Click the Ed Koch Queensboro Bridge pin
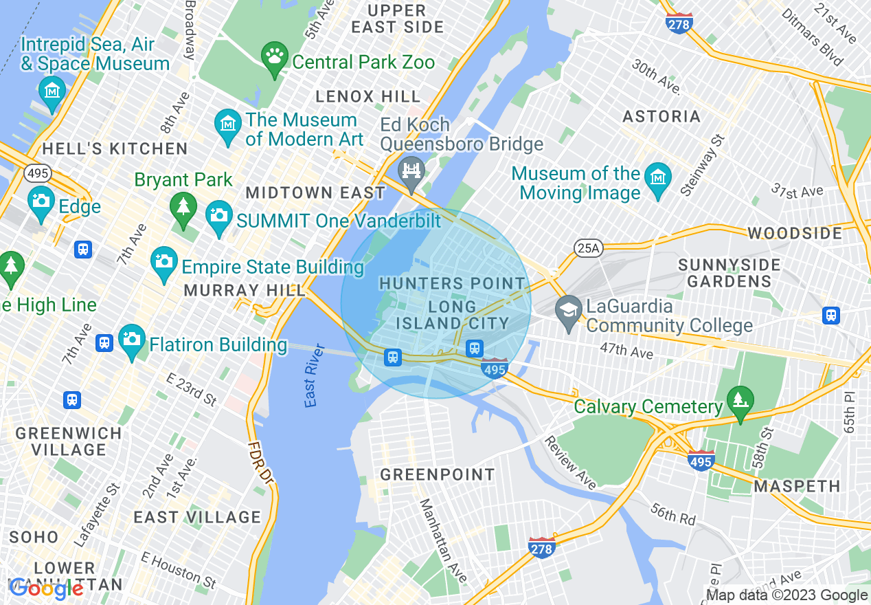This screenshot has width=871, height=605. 411,170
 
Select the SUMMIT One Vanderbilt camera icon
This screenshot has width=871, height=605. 219,216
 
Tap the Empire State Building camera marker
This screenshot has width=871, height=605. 163,263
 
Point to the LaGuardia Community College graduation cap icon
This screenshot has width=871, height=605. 569,310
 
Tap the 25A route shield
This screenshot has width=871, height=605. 588,247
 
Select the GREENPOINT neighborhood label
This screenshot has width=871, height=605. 437,474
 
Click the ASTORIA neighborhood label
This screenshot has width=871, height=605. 661,116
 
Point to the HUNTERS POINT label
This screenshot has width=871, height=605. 452,283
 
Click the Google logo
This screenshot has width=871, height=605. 47,588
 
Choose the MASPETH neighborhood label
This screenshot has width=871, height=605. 797,486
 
